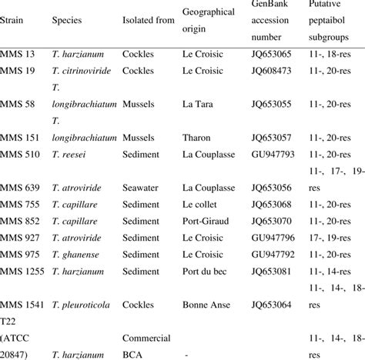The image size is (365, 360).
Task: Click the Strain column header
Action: click(15, 38)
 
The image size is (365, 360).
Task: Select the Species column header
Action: click(69, 38)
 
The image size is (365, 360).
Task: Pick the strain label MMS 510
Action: click(21, 154)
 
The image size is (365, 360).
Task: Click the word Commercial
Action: click(148, 336)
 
